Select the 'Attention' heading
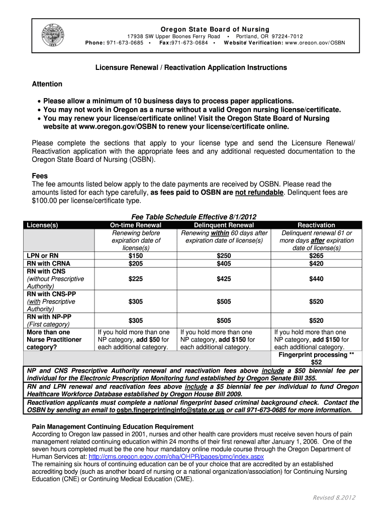pos(47,84)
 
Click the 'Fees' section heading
pos(40,176)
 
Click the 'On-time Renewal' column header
pos(135,225)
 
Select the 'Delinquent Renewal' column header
pos(224,225)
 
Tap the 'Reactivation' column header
pos(316,225)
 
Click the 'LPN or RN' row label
pos(43,255)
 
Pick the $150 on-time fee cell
pos(135,255)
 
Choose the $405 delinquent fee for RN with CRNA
pos(224,264)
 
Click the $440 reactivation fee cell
pos(316,279)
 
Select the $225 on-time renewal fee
pos(135,279)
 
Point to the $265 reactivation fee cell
pos(316,255)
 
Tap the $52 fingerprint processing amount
pos(316,362)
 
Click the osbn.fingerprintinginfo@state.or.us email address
pos(170,410)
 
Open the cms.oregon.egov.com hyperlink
pos(176,457)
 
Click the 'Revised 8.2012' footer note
pos(334,497)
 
